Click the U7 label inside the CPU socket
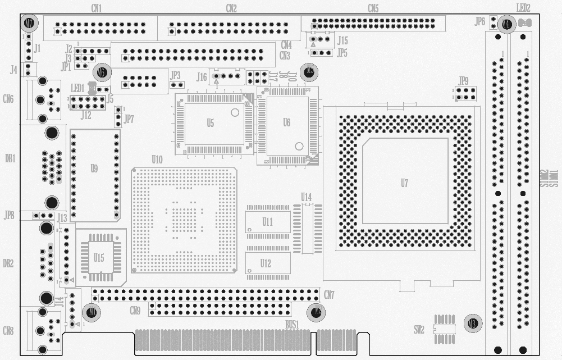404,183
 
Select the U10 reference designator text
157,160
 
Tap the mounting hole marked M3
473,323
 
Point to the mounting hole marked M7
29,24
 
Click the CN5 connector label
373,8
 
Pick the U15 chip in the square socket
99,258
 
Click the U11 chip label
267,222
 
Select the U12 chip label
266,263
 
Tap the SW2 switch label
419,329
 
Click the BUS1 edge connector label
292,324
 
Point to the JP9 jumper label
463,80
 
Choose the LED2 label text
523,8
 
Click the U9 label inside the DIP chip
94,168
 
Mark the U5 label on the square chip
210,123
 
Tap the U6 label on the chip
286,122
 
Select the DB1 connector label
10,158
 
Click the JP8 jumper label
9,215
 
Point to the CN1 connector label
96,8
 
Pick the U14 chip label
306,197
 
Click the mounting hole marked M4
506,24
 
